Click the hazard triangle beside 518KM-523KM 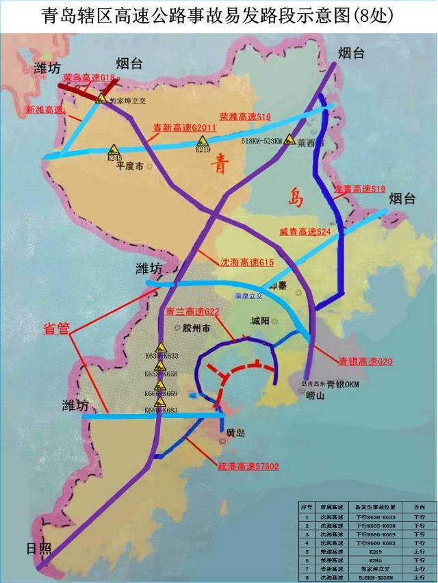[290, 140]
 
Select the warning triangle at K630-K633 [161, 347]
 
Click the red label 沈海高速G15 [246, 261]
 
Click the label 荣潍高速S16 [245, 117]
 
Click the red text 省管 [57, 329]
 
